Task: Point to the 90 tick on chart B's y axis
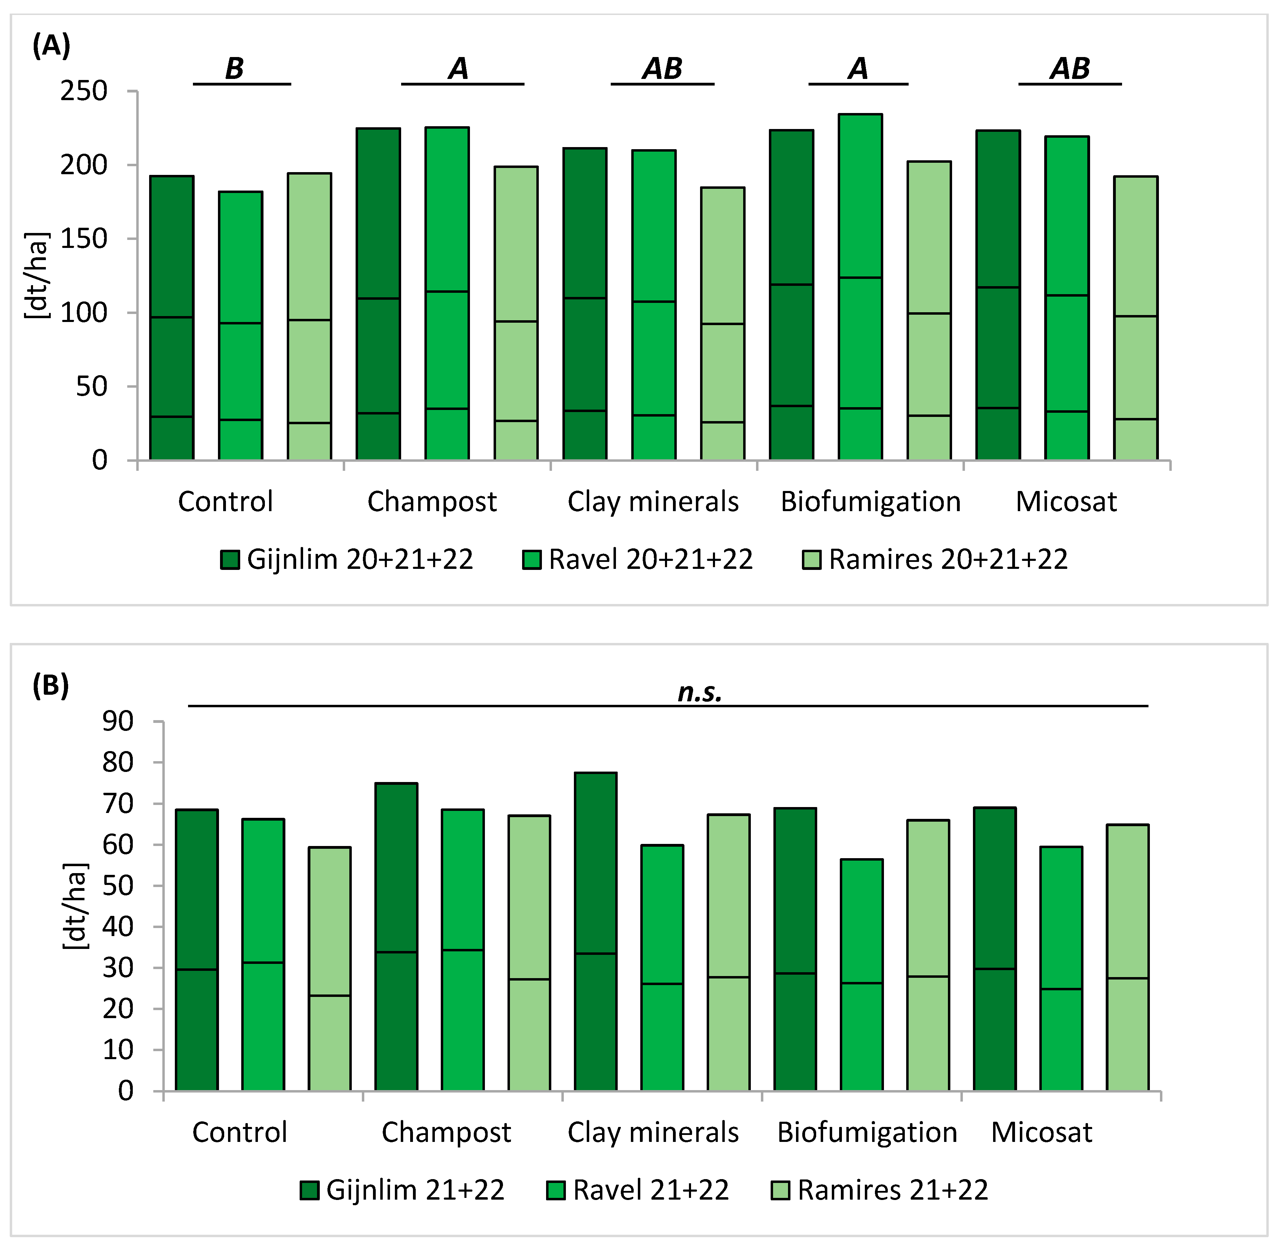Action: coord(118,722)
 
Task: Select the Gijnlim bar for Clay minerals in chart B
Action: coord(595,932)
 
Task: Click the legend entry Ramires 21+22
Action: coord(879,1190)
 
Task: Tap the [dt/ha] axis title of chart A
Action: coord(36,275)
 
